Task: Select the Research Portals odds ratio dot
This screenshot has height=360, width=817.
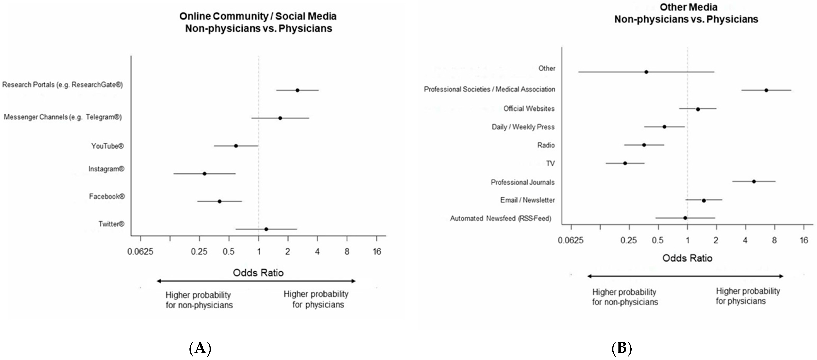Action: [297, 90]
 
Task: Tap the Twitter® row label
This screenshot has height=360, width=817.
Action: [111, 224]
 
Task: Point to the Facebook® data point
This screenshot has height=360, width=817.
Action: [219, 201]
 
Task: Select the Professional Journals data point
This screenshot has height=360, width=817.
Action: [754, 181]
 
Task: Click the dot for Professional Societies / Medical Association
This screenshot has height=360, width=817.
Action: [766, 90]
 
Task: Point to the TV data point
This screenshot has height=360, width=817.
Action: [625, 163]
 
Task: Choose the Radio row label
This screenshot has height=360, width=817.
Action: [546, 145]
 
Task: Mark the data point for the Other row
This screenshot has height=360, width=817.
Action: [646, 72]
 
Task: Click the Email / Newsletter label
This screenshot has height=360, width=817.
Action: [527, 200]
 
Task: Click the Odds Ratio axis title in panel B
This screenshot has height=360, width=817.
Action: [687, 258]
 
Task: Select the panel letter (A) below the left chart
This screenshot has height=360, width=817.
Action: [200, 348]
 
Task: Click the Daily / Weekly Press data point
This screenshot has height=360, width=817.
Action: [664, 127]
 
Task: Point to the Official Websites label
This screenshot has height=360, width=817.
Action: [529, 108]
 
